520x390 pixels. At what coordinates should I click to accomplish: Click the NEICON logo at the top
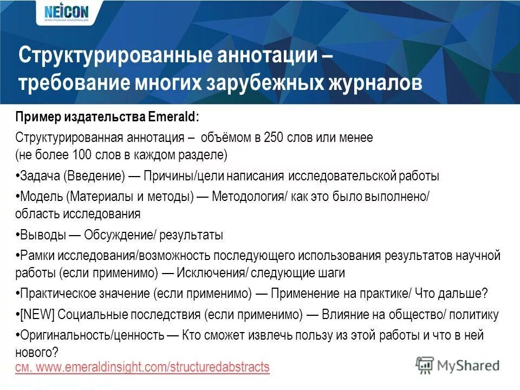[x=65, y=12]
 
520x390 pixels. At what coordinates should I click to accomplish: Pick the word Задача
[x=40, y=176]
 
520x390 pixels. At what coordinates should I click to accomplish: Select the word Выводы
[x=43, y=235]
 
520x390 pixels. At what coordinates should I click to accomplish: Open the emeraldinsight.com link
[x=142, y=367]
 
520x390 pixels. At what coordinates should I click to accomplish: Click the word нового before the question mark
[x=34, y=352]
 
